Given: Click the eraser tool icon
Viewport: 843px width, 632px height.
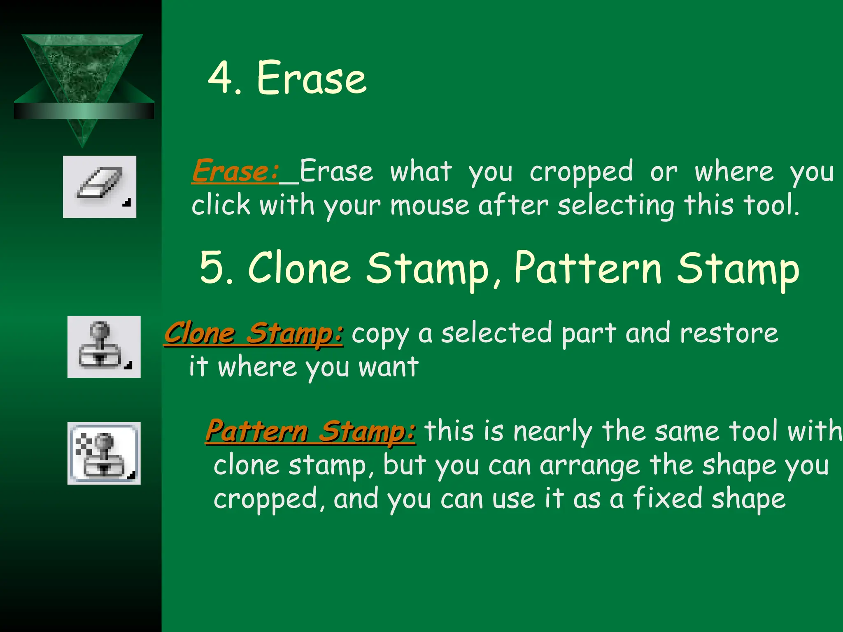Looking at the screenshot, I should point(100,186).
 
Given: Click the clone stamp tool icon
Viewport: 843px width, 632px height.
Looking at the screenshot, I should point(104,346).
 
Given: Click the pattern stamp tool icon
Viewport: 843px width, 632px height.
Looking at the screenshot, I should point(104,453).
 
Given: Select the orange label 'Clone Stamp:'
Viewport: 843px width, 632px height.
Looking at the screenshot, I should point(254,333).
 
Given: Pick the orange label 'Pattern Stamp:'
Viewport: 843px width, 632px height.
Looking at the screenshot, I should point(310,431).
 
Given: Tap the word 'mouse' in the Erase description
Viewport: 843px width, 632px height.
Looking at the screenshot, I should point(430,205).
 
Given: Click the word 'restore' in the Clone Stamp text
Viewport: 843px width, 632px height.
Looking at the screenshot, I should point(729,333).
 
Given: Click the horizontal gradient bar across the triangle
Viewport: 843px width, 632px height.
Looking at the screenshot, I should point(84,111).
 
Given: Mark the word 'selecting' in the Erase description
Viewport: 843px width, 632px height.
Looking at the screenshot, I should point(616,206).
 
